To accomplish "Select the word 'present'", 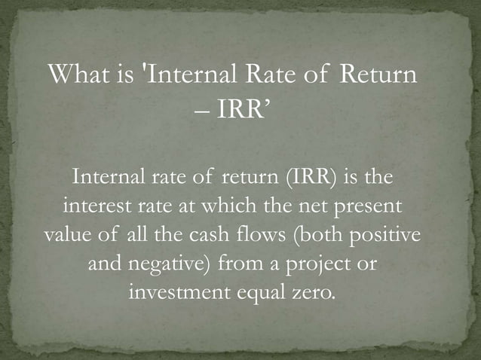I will point(361,206).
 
